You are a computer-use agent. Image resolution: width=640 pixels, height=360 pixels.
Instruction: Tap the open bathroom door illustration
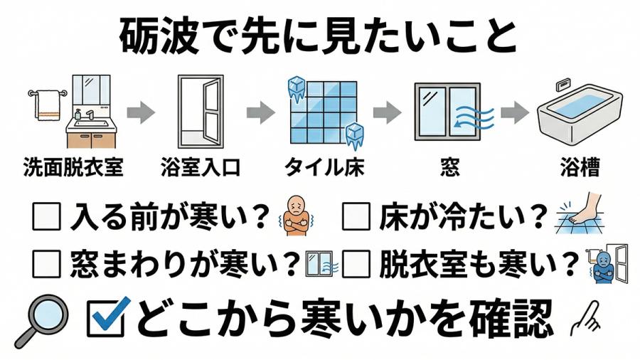click(201, 112)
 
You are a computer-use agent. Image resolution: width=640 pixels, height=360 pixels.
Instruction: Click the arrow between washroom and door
click(140, 112)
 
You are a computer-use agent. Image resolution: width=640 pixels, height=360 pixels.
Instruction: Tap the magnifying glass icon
click(41, 319)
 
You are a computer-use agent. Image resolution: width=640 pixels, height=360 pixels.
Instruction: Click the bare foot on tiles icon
click(585, 213)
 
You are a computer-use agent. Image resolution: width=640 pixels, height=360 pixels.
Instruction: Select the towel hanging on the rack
click(48, 105)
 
